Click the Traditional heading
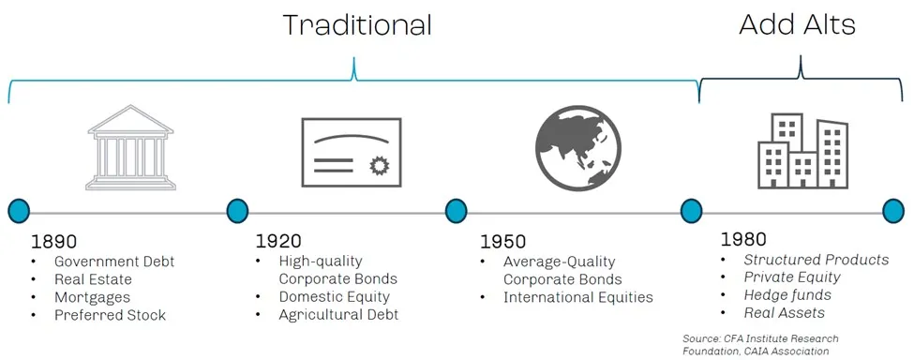coord(357,25)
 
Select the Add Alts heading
coord(797,25)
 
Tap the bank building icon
coord(130,147)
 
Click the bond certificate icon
coord(352,153)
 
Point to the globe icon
coord(577,148)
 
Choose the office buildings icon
coord(802,151)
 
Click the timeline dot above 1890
coord(19,211)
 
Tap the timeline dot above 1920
coord(237,211)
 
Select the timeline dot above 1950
coord(456,211)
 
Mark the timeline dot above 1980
coord(691,211)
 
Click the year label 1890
coord(54,242)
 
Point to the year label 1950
coord(503,242)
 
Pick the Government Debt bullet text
coord(114,262)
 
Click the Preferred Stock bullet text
coord(111,315)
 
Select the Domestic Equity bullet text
coord(334,297)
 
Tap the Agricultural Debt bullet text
coord(338,315)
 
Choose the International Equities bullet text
coord(578,298)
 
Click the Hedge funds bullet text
coord(787,294)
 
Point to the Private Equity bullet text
coord(792,277)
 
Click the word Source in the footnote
coord(697,338)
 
